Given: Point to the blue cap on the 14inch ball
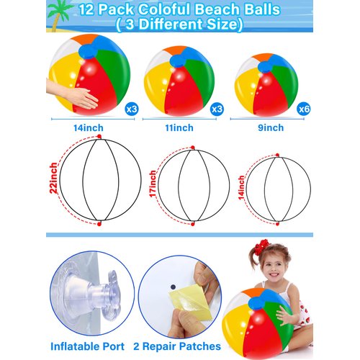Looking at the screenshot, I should click(x=87, y=51).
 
